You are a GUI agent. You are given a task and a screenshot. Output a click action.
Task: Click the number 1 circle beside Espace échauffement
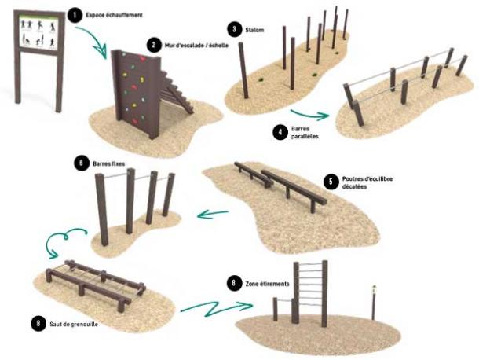click(75, 14)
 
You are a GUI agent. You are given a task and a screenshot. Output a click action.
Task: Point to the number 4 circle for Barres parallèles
click(280, 131)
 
